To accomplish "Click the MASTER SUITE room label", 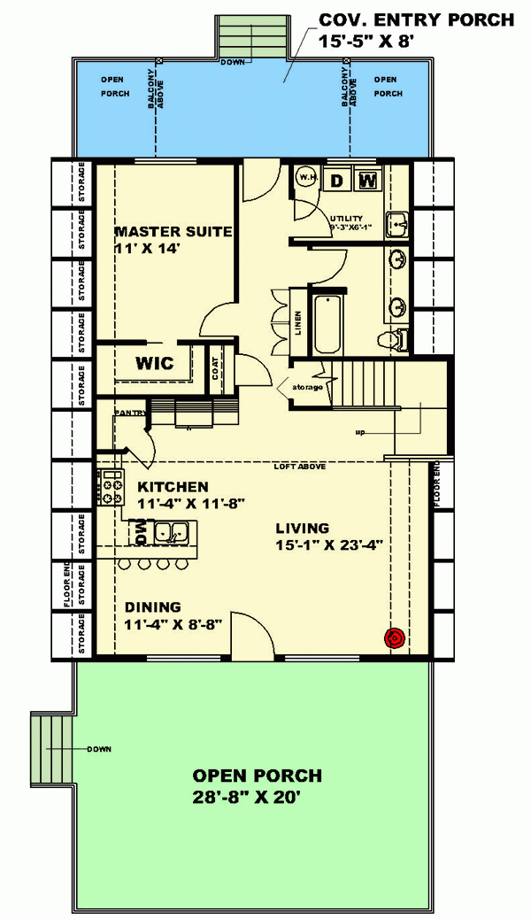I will (x=173, y=232).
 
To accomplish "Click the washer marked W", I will (x=369, y=181).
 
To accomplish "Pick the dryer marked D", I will (x=336, y=181).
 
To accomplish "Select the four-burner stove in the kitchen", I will (x=112, y=487).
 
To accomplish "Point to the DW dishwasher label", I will (x=141, y=532).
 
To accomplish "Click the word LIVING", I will (x=301, y=528).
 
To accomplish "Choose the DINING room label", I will (x=152, y=607).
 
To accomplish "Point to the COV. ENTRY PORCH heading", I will (x=416, y=19).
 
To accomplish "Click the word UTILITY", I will (x=346, y=218).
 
